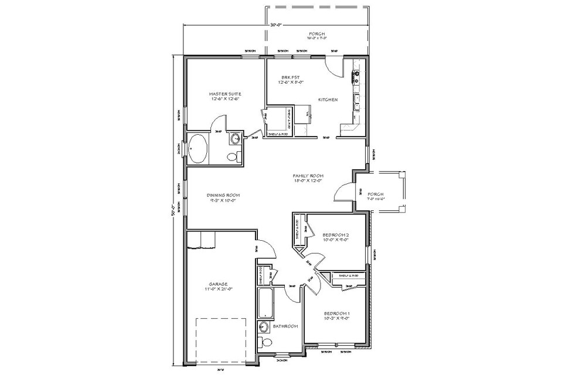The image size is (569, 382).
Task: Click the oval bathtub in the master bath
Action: pos(197,149)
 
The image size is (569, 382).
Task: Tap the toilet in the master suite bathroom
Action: pos(232,156)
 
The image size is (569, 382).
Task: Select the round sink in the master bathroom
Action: pos(235,139)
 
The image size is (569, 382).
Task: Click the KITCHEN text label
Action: pos(328,100)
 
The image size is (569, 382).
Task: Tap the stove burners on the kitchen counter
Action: pos(355,75)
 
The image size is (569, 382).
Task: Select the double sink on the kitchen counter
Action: pos(356,102)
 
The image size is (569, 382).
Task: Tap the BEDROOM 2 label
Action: pos(336,237)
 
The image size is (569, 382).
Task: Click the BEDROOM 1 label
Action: pos(336,316)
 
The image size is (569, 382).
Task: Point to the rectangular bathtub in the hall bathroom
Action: pos(264,301)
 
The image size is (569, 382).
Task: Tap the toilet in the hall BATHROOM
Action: pos(266,342)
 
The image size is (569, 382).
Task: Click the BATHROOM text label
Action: pos(285,326)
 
